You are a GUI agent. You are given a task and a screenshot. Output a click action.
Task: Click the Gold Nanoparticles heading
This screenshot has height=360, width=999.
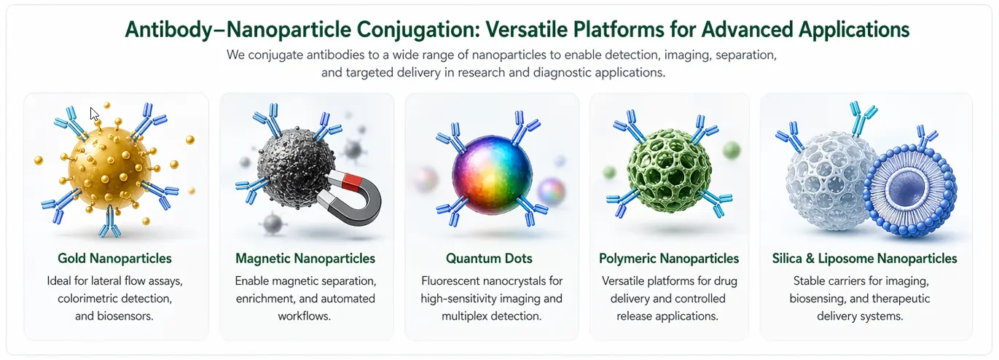114,259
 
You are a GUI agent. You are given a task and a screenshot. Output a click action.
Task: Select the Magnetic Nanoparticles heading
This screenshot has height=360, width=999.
305,259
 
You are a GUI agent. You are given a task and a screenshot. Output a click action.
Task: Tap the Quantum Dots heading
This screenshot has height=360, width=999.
489,259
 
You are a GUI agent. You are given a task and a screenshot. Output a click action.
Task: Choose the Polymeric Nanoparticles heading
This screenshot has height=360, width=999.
668,259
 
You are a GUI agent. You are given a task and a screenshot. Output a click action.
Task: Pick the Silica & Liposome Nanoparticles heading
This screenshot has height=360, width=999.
864,259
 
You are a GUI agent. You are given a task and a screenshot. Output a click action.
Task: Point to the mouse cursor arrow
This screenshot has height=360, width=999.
94,114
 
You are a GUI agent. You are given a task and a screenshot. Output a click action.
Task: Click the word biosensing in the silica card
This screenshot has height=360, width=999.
822,299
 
